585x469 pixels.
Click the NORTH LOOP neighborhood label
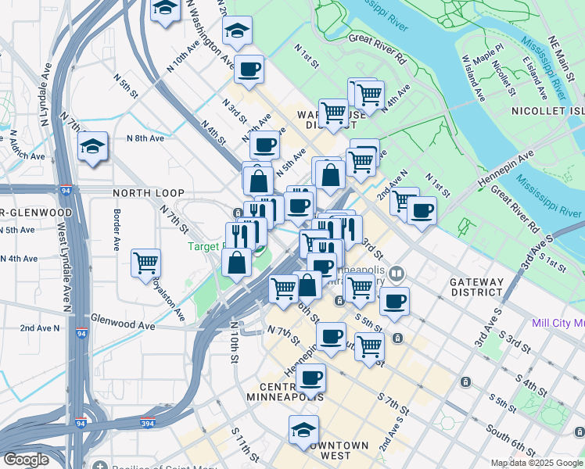pyautogui.click(x=148, y=193)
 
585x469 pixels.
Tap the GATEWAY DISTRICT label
pyautogui.click(x=476, y=286)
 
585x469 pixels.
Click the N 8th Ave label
pyautogui.click(x=145, y=138)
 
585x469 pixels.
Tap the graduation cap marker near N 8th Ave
pyautogui.click(x=92, y=146)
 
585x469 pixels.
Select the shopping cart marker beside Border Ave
pyautogui.click(x=146, y=263)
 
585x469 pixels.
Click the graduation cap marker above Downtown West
pyautogui.click(x=303, y=429)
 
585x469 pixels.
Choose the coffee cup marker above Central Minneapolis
pyautogui.click(x=310, y=378)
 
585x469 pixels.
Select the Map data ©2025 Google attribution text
pyautogui.click(x=537, y=463)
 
